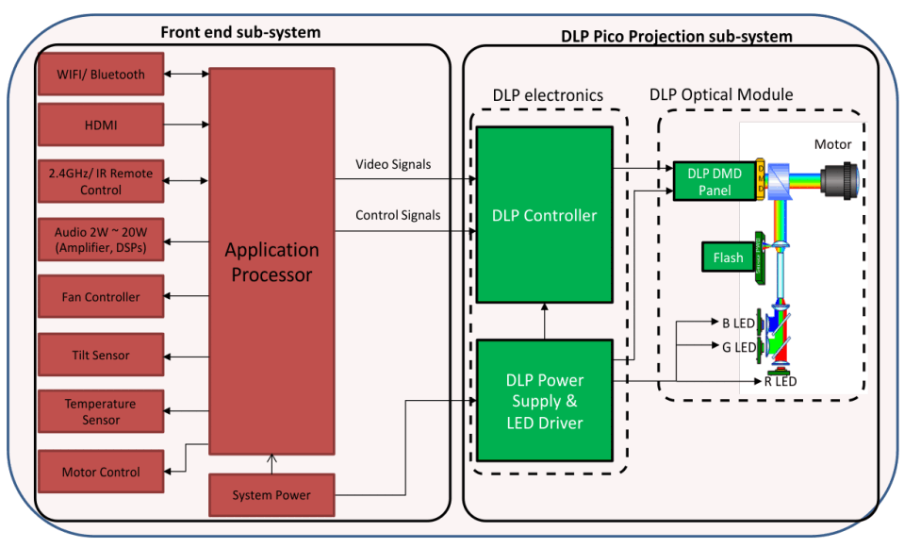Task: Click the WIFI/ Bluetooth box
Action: pos(101,74)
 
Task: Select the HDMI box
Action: pos(101,125)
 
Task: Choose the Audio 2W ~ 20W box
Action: pos(101,240)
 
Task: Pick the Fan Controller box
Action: pos(101,297)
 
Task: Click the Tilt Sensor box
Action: pos(101,356)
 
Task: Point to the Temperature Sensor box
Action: pos(101,412)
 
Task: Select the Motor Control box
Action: pos(101,472)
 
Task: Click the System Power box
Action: pos(271,495)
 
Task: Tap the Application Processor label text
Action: pos(271,262)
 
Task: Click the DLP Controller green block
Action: pos(544,215)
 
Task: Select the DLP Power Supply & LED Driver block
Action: pos(544,401)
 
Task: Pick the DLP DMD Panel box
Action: pos(714,182)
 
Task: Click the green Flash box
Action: pos(728,257)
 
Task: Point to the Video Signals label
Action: pos(393,164)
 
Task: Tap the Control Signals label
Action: pos(397,215)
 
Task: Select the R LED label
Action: pos(781,381)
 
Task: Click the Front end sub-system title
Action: pos(240,32)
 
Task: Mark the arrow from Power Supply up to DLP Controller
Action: pos(544,321)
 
